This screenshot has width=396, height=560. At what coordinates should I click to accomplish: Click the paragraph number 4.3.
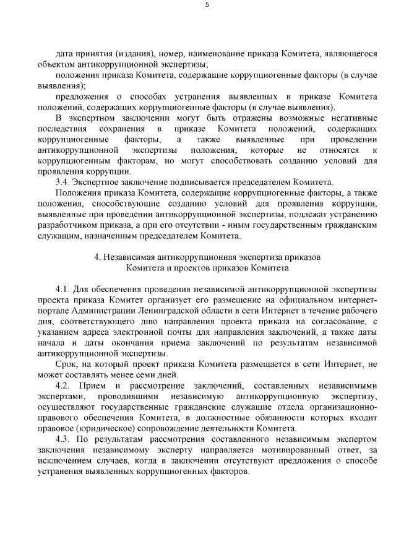[x=64, y=439]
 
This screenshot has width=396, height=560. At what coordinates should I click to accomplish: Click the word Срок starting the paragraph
[x=66, y=364]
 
